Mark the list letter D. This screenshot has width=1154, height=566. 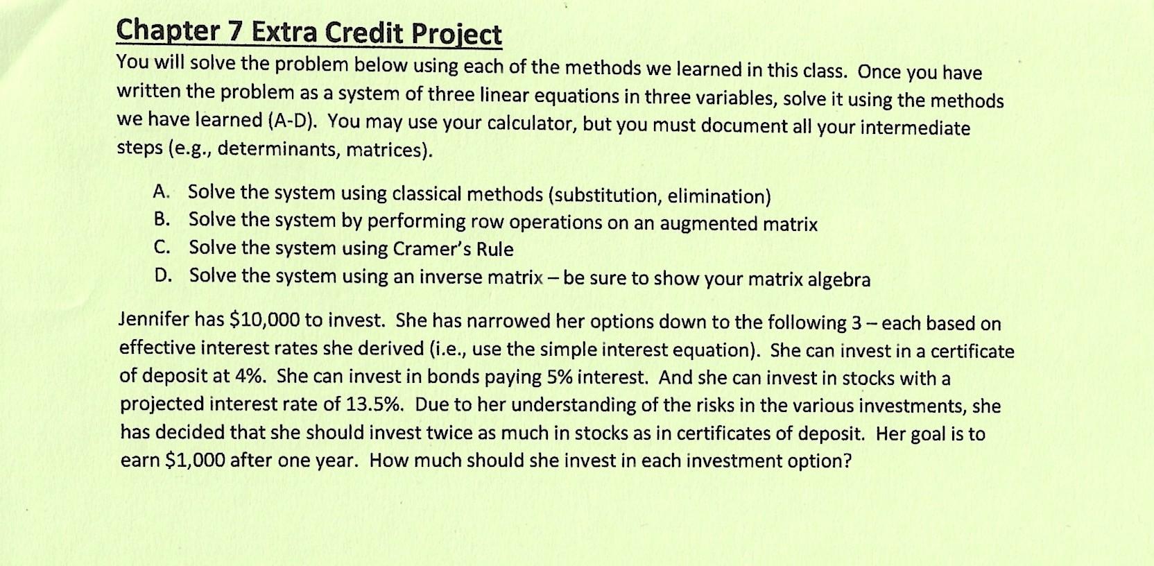click(161, 275)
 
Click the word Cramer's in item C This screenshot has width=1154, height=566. click(431, 248)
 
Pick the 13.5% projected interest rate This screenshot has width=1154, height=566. click(375, 404)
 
